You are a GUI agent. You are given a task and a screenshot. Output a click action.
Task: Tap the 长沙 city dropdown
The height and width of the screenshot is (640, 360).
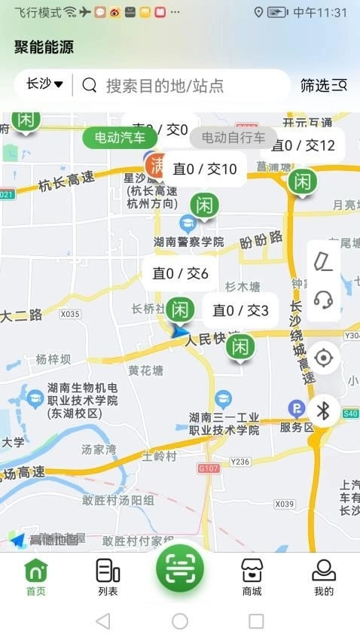pos(44,84)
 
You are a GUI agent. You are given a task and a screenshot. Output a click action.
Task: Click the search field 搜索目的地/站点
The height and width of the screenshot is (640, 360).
pos(181,85)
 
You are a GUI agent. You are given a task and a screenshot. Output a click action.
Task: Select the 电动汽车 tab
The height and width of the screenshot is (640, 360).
pos(121,138)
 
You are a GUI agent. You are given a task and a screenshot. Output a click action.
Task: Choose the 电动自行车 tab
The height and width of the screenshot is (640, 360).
pos(233,138)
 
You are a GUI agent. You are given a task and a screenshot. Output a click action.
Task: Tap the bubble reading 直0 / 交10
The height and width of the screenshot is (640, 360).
pos(205,169)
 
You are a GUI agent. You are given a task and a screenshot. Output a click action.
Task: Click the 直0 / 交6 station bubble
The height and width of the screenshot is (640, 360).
pos(180,273)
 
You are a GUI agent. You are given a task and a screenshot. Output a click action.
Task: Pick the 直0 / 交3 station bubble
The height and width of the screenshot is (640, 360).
pos(240,309)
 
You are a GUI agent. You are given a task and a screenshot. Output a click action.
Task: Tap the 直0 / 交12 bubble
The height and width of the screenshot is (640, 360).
pos(303,145)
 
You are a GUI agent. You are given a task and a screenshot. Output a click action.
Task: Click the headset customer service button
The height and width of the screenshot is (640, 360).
pos(324,300)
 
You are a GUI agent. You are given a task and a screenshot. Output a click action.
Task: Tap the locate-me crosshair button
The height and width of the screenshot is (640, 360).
pos(324,358)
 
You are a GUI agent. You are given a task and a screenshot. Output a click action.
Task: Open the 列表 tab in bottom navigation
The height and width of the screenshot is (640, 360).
pos(108,578)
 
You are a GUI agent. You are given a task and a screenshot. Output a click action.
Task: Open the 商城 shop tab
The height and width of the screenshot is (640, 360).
pos(252,578)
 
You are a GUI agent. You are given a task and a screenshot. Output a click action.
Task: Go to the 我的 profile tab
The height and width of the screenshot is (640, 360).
pos(324,578)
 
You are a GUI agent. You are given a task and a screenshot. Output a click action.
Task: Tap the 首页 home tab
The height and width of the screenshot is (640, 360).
pos(36,578)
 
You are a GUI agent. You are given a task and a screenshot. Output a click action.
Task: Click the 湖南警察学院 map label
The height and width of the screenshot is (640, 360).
pos(188,242)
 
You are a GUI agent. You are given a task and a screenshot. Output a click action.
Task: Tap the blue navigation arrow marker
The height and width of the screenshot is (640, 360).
pos(179,331)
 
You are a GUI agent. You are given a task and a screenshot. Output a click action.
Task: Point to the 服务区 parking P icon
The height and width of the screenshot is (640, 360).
pos(296,409)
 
